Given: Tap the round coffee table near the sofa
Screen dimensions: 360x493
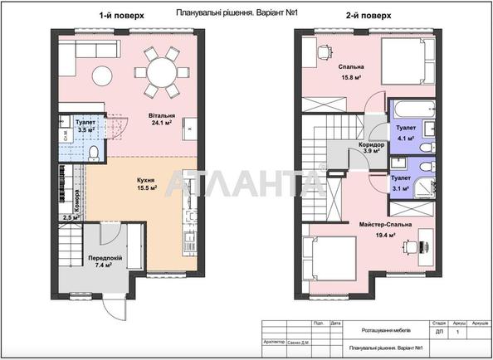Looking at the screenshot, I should pos(102,72).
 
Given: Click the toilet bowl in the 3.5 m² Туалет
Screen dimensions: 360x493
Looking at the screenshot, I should pos(93,153).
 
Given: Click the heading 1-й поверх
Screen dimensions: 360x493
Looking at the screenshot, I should pos(115,15).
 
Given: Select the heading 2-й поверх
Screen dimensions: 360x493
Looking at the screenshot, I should pos(367,15).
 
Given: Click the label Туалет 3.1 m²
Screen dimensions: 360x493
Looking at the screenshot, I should pos(400,182).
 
